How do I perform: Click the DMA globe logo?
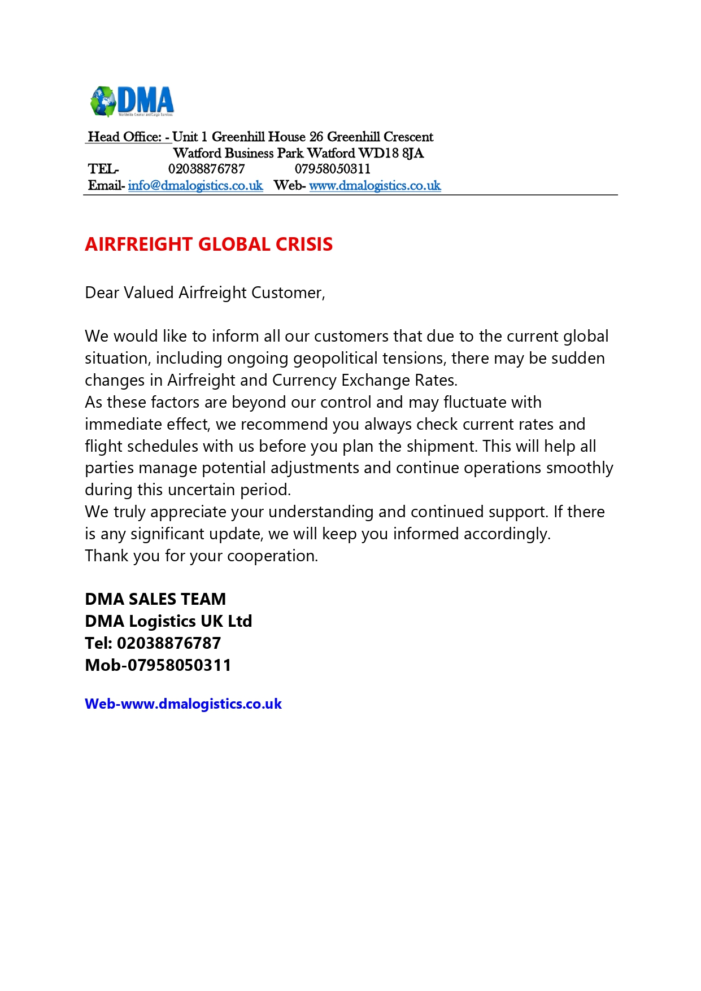[x=131, y=102]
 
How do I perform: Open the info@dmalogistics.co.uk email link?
[x=195, y=186]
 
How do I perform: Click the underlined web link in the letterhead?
[x=375, y=186]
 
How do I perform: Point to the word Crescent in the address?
[x=408, y=137]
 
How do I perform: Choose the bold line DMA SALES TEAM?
[x=155, y=599]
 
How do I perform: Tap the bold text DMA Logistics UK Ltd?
[x=168, y=621]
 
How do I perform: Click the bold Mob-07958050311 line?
[x=158, y=665]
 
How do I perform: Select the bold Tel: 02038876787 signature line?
[x=153, y=643]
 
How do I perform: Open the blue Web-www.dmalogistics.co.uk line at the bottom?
[x=183, y=704]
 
